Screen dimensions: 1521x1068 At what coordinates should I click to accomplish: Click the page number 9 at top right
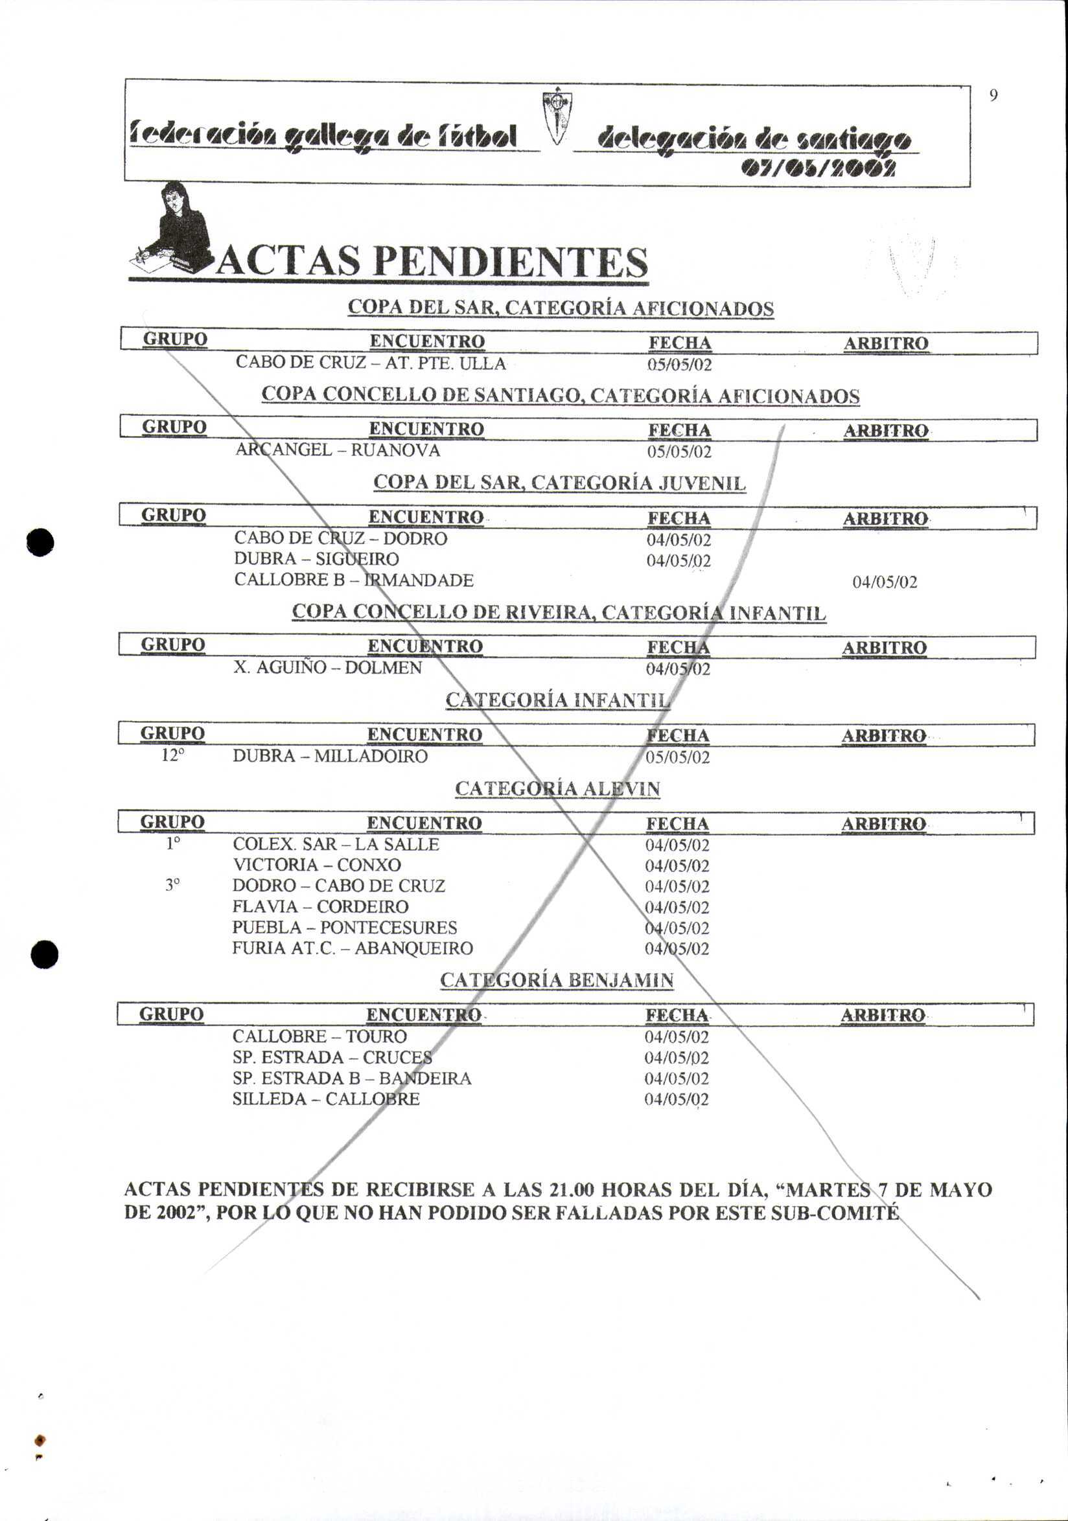click(x=992, y=96)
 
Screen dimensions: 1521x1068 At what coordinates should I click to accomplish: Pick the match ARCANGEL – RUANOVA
click(x=338, y=450)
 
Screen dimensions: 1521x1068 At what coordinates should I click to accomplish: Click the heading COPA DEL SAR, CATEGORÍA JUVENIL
click(x=559, y=483)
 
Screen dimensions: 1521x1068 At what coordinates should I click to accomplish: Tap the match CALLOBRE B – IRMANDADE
click(x=354, y=580)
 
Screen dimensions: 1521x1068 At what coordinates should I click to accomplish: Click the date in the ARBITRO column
click(x=885, y=583)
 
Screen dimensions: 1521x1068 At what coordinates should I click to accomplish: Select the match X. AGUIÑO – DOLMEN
click(x=327, y=667)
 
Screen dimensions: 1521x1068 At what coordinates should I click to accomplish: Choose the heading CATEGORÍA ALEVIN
click(x=557, y=789)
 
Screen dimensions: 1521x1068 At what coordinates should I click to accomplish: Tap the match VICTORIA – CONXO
click(x=317, y=865)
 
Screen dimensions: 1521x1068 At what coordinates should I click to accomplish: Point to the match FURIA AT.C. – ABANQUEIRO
click(x=353, y=948)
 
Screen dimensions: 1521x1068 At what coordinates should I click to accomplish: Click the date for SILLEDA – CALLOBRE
click(x=677, y=1100)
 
